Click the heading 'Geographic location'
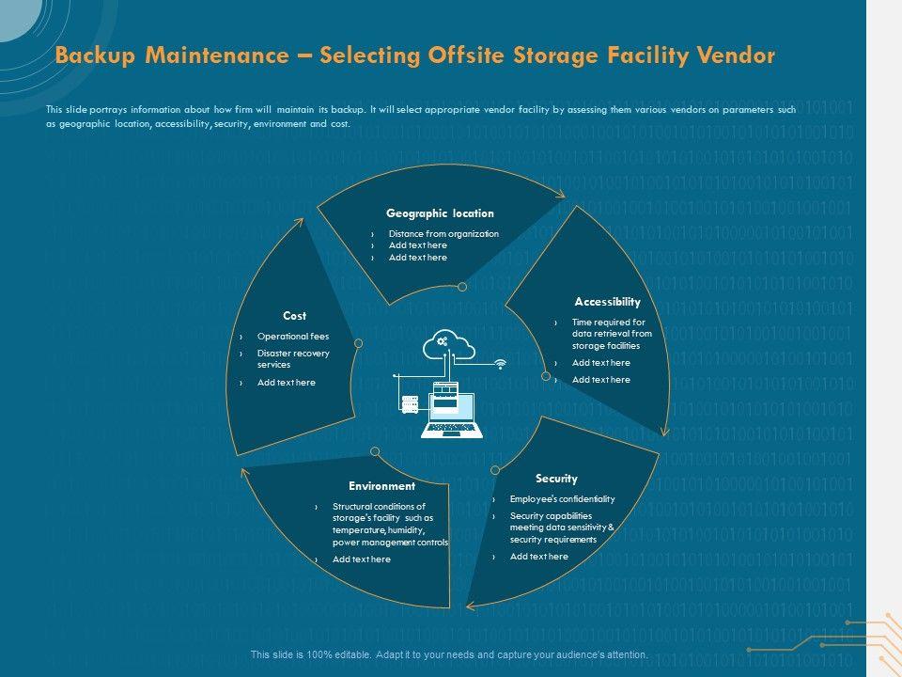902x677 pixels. click(440, 213)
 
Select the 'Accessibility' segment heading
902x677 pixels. click(607, 302)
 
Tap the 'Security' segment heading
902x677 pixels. click(556, 479)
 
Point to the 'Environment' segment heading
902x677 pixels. click(381, 486)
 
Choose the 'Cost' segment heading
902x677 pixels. click(294, 316)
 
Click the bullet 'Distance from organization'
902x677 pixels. click(443, 234)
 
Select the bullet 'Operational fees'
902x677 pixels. click(293, 336)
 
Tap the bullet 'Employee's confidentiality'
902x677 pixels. click(562, 499)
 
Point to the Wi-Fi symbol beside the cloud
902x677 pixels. click(500, 363)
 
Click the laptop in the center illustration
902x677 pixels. click(454, 412)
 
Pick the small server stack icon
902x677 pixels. click(410, 404)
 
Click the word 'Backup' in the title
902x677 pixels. click(92, 55)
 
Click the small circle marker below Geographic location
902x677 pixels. click(461, 286)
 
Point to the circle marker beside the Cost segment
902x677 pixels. click(358, 343)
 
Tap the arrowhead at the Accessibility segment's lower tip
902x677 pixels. click(664, 431)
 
